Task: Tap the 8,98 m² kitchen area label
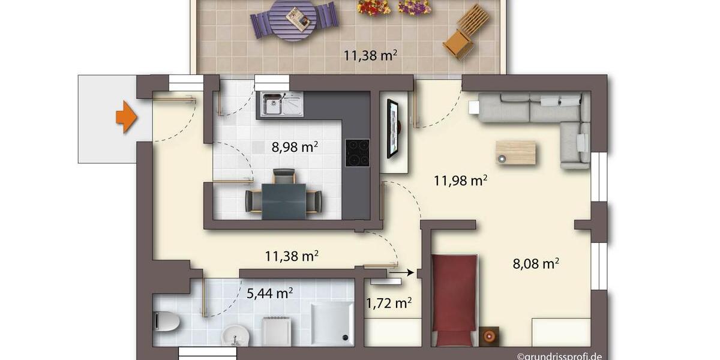(x=295, y=147)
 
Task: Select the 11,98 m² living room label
(x=460, y=180)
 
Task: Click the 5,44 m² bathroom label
(x=270, y=293)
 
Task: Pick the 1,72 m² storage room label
(x=389, y=303)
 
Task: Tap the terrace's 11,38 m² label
(x=370, y=56)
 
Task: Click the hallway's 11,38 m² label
(x=292, y=256)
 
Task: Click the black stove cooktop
(x=358, y=153)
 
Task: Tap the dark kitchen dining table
(x=284, y=201)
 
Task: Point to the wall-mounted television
(x=393, y=128)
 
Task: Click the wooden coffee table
(x=515, y=152)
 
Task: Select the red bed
(x=454, y=299)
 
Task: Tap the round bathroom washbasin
(x=235, y=335)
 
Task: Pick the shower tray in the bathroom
(x=332, y=323)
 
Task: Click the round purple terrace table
(x=293, y=19)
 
